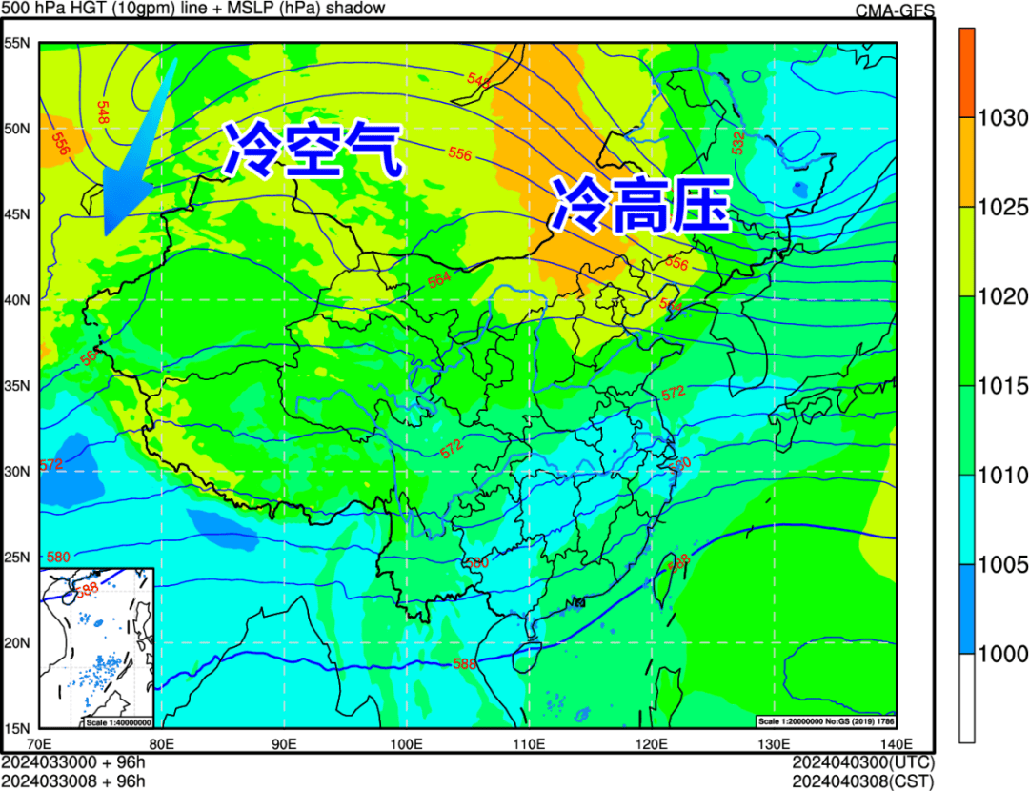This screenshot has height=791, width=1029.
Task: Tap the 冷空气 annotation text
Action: pos(311,152)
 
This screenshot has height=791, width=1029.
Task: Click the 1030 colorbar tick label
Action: pos(1002,119)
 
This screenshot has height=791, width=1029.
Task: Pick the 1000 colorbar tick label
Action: pos(1002,655)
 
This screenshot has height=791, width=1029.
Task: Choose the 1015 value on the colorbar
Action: pos(1002,387)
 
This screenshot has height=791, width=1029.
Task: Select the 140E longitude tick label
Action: pos(896,744)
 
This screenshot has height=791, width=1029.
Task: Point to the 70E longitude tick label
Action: pos(40,744)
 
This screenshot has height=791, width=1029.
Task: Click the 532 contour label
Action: pos(738,142)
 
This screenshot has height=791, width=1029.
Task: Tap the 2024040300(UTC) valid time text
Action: pos(863,762)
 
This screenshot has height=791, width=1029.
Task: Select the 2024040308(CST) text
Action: pos(863,781)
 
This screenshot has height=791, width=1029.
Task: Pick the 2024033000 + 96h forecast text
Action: pos(73,762)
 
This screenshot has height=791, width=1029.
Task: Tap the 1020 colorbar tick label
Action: pos(1002,297)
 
